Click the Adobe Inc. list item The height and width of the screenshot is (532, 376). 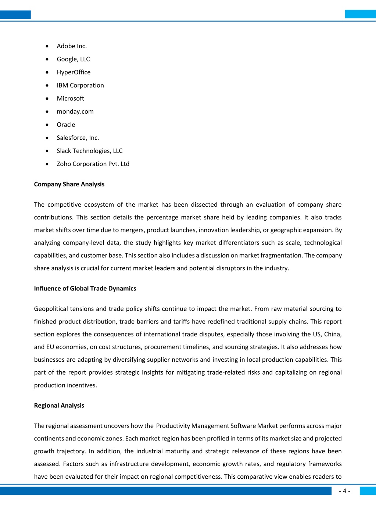(72, 46)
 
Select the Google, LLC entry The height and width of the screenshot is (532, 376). (73, 59)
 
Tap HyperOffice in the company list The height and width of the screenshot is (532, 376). (74, 72)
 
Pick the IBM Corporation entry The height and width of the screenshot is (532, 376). (80, 85)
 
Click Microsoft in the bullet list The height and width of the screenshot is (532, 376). (70, 99)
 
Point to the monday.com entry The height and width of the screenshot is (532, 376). (75, 112)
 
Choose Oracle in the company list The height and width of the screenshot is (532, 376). (66, 125)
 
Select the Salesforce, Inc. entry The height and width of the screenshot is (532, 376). (78, 138)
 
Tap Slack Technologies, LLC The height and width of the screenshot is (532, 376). (89, 151)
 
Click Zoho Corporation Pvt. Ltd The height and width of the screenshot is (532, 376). (93, 164)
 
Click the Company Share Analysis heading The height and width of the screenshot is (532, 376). (69, 184)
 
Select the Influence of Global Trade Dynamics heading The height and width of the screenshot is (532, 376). (85, 289)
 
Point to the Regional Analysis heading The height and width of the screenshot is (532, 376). (59, 406)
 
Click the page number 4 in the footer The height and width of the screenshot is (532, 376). (344, 491)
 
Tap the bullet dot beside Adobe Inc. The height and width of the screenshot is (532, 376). (47, 46)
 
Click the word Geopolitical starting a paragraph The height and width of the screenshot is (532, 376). (51, 309)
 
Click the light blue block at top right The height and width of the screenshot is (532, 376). (360, 14)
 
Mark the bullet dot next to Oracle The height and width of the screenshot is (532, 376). (47, 125)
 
